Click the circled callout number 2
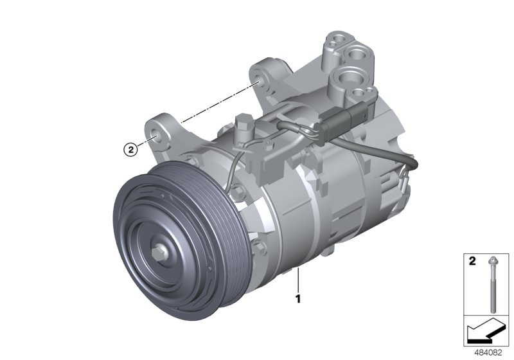(x=130, y=150)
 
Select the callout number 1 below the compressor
(x=298, y=298)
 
